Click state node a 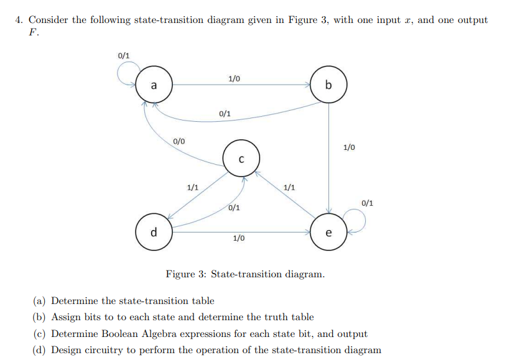point(154,86)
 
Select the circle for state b point(328,85)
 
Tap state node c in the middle point(241,159)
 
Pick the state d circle point(154,233)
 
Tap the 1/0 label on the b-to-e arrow point(349,147)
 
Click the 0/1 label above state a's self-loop point(123,55)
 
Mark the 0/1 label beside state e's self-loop point(368,202)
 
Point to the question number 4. point(19,20)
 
